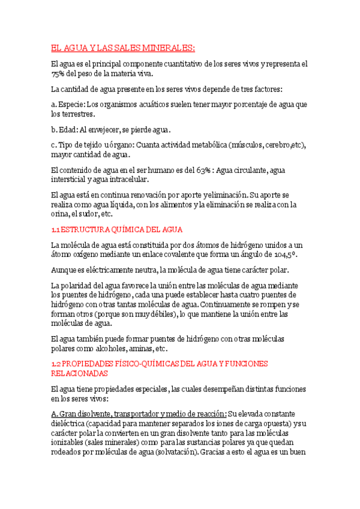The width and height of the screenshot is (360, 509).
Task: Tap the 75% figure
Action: click(x=58, y=74)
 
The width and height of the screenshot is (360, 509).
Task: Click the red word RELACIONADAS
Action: click(x=79, y=373)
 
